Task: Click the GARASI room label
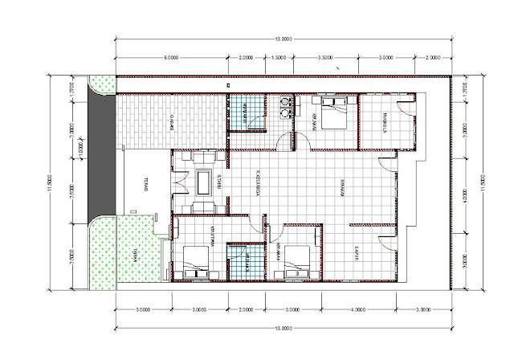172,123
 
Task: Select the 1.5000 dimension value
277,59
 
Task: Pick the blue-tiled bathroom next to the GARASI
246,112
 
